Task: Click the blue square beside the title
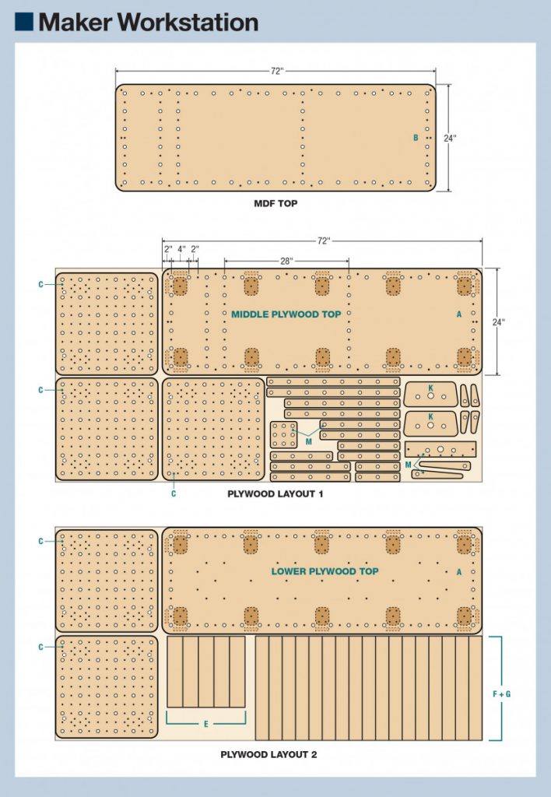24,22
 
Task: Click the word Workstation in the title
188,23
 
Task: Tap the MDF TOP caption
275,204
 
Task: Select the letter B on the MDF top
416,138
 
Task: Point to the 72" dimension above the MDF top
276,71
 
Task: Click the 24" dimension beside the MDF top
450,139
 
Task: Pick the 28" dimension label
286,261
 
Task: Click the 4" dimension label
181,249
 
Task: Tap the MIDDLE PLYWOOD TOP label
286,314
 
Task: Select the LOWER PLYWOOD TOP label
325,571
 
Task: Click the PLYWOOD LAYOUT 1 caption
275,494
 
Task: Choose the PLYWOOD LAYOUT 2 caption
268,755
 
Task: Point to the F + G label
502,693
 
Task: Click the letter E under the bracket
206,724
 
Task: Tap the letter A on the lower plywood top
459,572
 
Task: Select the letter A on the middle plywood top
459,314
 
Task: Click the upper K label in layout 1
430,388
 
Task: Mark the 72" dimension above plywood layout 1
324,241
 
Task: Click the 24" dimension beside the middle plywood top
499,322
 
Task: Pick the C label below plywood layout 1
174,493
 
